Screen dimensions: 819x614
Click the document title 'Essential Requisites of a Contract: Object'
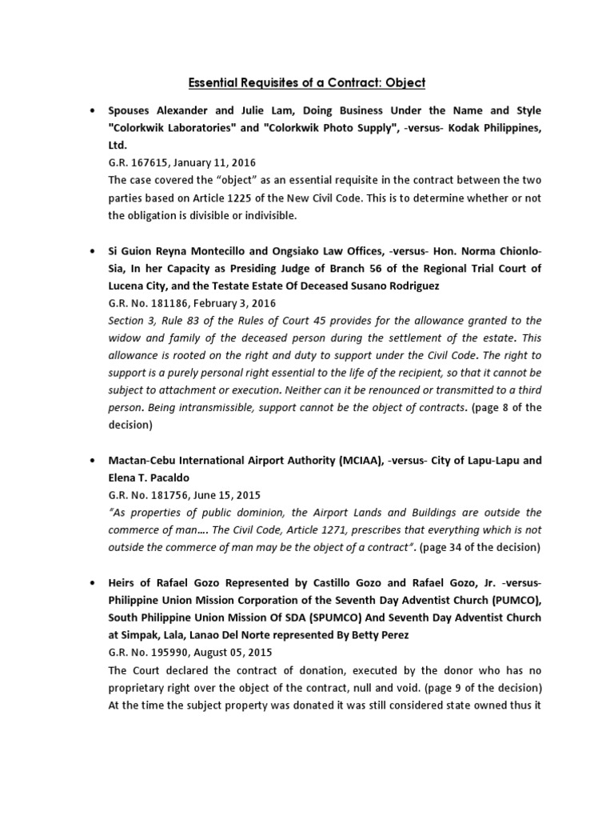click(307, 82)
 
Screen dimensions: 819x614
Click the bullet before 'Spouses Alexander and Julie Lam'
click(94, 110)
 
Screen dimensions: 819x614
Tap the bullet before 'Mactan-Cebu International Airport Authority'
click(94, 461)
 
